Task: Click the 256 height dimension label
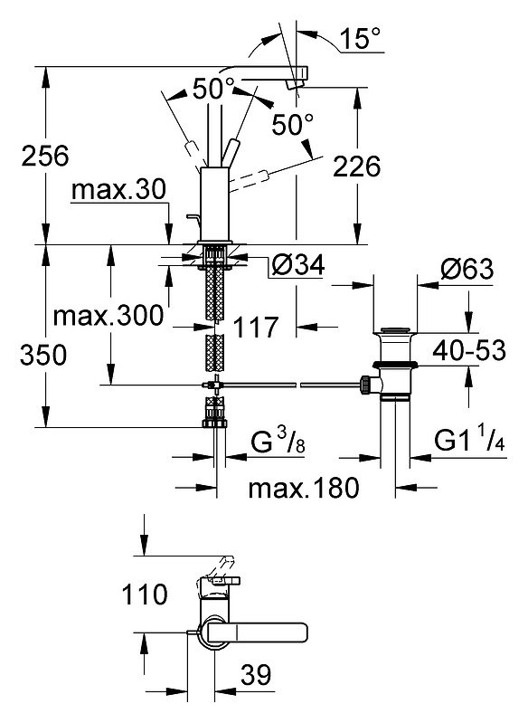point(45,156)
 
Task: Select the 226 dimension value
point(356,166)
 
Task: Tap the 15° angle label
point(361,38)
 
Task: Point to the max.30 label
point(118,189)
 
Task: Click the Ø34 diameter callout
point(298,265)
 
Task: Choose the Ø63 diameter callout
point(467,269)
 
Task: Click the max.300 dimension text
point(108,316)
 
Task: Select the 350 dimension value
point(43,356)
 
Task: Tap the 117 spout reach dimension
point(256,328)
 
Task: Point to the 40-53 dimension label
point(469,350)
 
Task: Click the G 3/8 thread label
point(278,442)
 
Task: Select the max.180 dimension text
point(304,488)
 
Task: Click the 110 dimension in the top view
point(145,595)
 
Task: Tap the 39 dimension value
point(256,675)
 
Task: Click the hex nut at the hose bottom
point(214,423)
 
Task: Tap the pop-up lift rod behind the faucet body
point(193,222)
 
